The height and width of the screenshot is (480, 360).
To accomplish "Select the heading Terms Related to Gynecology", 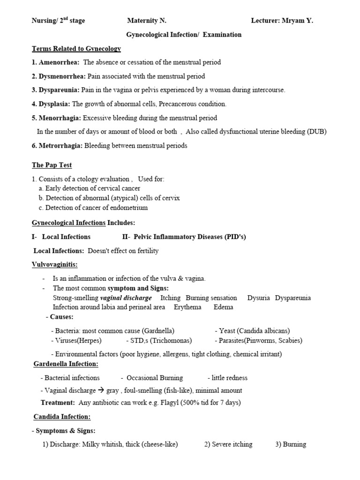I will [76, 48].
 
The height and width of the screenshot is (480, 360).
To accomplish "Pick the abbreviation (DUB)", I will [317, 132].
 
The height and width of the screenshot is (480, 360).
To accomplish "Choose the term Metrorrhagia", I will [60, 146].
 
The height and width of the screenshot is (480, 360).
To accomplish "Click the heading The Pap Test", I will [52, 165].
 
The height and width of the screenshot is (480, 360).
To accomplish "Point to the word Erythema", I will [187, 307].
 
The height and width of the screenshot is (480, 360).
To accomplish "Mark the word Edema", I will [223, 307].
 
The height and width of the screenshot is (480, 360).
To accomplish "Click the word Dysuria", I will [258, 298].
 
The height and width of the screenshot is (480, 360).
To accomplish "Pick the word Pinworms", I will [262, 340].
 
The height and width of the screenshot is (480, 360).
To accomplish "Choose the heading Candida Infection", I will [62, 416].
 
